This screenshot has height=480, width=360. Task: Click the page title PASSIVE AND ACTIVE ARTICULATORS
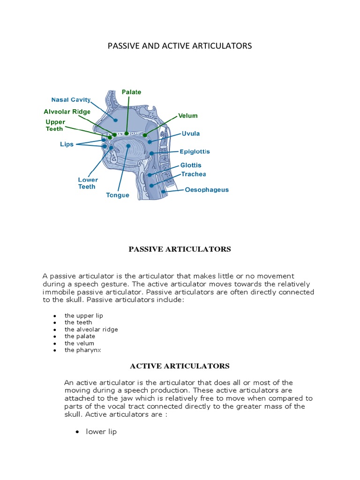[180, 45]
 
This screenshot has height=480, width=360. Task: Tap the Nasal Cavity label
[71, 100]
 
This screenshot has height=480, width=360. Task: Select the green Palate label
[131, 92]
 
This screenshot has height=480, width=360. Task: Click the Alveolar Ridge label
[67, 112]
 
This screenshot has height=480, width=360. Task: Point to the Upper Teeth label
[55, 125]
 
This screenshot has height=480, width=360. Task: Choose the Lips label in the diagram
[67, 144]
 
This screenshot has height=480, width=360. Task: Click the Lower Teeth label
[88, 183]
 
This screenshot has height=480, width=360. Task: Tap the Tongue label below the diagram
[118, 195]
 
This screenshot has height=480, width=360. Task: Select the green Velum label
[187, 116]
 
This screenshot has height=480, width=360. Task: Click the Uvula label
[191, 134]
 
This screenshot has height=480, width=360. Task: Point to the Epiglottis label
[195, 152]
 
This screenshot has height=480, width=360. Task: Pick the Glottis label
[191, 165]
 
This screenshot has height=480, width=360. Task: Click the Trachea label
[194, 174]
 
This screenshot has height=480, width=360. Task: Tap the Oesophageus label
[207, 190]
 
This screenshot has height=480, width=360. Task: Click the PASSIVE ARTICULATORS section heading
[180, 249]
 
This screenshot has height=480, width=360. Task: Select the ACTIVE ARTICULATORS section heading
[180, 366]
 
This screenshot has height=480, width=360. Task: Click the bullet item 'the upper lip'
[84, 315]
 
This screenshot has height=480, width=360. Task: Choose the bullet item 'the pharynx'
[82, 350]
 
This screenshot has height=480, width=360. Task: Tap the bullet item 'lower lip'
[101, 432]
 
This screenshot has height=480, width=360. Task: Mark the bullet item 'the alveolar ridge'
[91, 330]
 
